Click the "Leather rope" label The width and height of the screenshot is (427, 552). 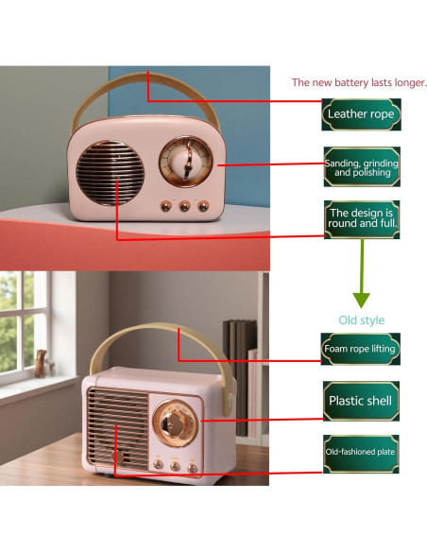coord(361,113)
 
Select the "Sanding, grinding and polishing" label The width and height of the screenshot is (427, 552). coord(361,166)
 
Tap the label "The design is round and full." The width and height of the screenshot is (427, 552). coord(361,219)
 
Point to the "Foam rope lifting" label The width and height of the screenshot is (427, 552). coord(360,349)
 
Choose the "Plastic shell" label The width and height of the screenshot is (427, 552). coord(360,401)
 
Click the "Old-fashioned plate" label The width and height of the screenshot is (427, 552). coord(360,454)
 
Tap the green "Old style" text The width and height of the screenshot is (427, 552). coord(362,319)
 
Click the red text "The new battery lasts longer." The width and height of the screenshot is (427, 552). coord(359,82)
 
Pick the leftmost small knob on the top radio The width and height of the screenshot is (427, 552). coord(165,205)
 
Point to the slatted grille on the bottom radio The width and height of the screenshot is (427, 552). coord(119,426)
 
